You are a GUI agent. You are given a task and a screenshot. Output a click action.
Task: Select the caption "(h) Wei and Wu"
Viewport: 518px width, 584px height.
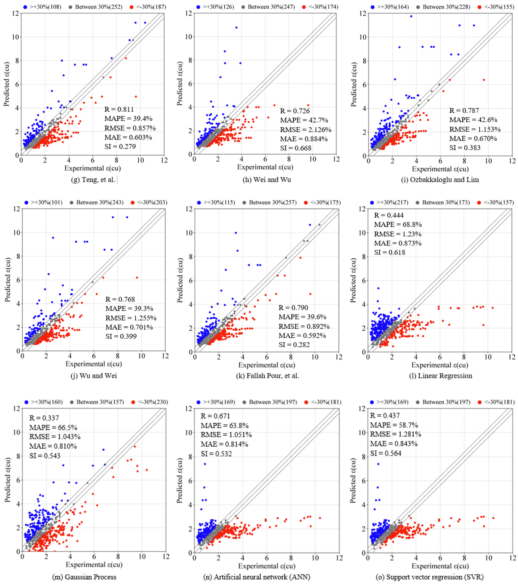coord(267,180)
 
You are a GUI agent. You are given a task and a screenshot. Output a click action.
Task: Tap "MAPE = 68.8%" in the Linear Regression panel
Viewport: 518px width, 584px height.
coord(398,225)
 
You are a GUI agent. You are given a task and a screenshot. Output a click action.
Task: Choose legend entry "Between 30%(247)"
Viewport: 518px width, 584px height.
coord(271,7)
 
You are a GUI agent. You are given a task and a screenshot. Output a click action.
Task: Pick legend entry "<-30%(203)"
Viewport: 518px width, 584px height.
coord(152,203)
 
